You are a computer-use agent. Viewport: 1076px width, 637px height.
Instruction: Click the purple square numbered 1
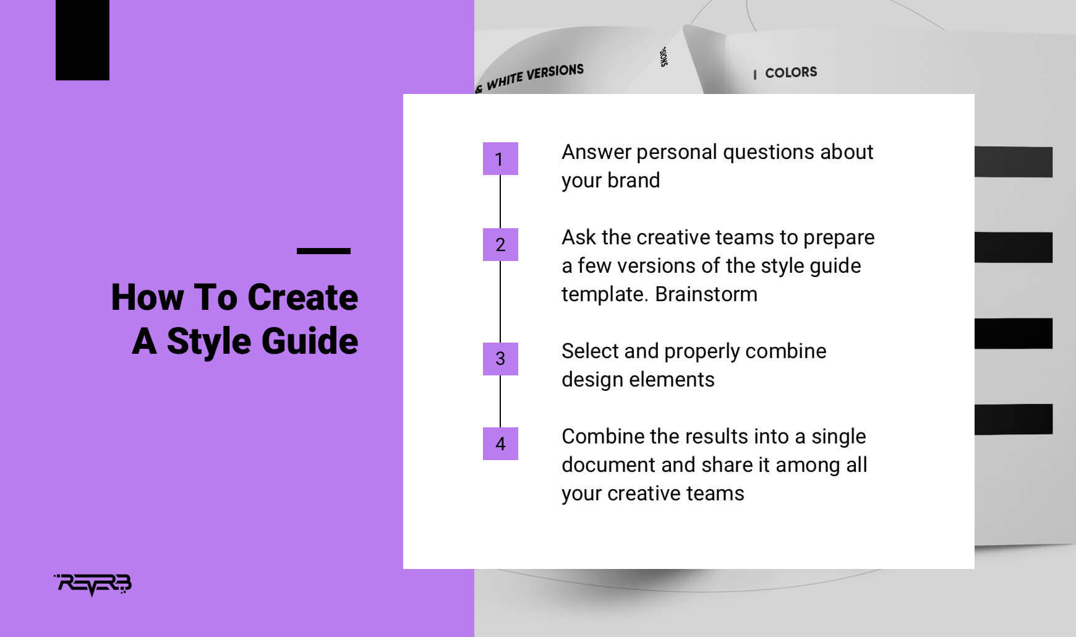[x=500, y=159]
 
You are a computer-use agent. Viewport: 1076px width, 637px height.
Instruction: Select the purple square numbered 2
[x=500, y=244]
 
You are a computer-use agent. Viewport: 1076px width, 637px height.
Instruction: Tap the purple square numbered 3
[x=500, y=359]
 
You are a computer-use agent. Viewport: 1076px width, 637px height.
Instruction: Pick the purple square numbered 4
[x=500, y=443]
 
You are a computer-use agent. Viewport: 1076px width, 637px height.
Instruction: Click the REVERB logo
[x=93, y=584]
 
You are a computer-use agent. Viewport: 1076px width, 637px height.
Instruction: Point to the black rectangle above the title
[x=82, y=40]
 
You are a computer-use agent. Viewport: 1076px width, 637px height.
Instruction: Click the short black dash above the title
[x=323, y=251]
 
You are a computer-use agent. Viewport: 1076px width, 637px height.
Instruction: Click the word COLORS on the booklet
[x=791, y=72]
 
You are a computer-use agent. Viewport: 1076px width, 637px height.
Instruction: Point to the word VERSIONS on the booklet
[x=555, y=72]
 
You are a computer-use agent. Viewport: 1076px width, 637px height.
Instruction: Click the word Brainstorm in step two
[x=706, y=294]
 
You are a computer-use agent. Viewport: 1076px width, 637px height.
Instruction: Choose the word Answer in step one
[x=596, y=152]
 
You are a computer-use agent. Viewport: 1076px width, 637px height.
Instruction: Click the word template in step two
[x=604, y=295]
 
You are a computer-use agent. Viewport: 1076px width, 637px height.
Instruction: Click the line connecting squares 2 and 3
[x=500, y=301]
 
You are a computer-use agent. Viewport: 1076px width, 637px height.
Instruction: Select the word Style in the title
[x=208, y=342]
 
